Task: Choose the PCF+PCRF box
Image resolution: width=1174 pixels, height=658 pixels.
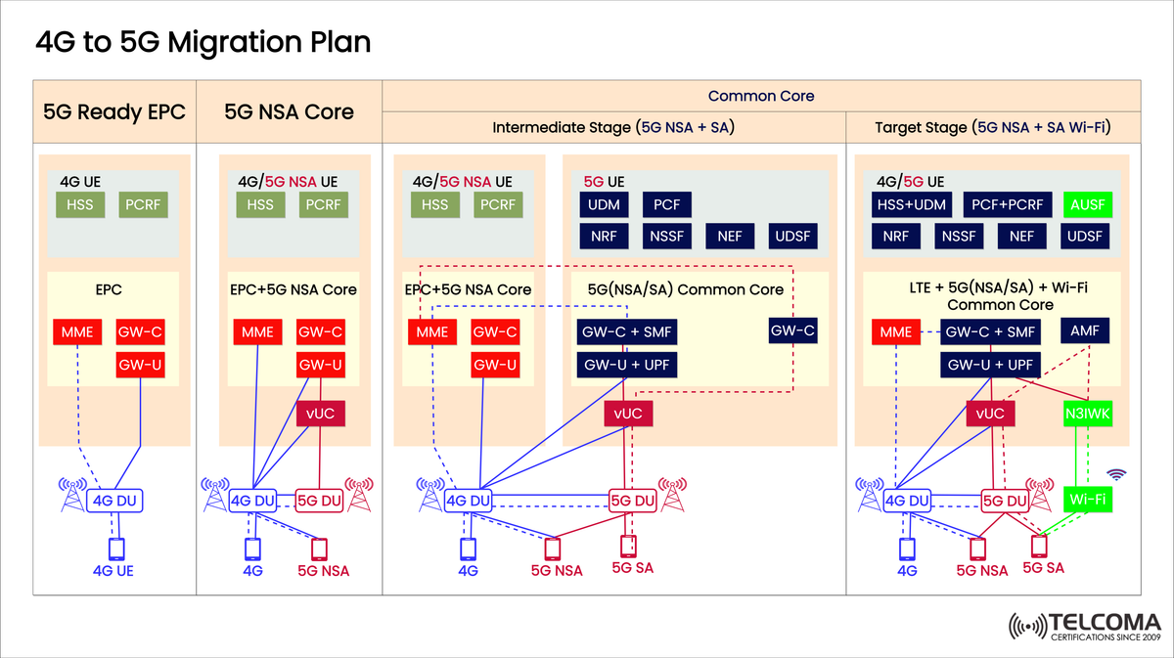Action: [x=1009, y=205]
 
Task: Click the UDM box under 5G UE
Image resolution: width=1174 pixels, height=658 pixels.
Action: [x=604, y=205]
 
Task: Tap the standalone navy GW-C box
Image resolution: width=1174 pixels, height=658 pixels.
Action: [x=791, y=331]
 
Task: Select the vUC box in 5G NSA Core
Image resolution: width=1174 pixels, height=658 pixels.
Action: [x=321, y=415]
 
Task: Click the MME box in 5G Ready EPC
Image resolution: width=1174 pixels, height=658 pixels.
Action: [x=77, y=331]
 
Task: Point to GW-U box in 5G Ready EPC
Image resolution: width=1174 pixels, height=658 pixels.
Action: [x=140, y=365]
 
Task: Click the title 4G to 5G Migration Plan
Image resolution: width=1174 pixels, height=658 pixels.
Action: [x=203, y=43]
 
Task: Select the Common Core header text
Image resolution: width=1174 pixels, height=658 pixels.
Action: [x=760, y=96]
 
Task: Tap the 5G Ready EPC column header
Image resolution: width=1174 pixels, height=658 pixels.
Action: [x=114, y=111]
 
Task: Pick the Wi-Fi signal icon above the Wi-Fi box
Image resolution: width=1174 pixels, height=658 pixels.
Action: [x=1115, y=475]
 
